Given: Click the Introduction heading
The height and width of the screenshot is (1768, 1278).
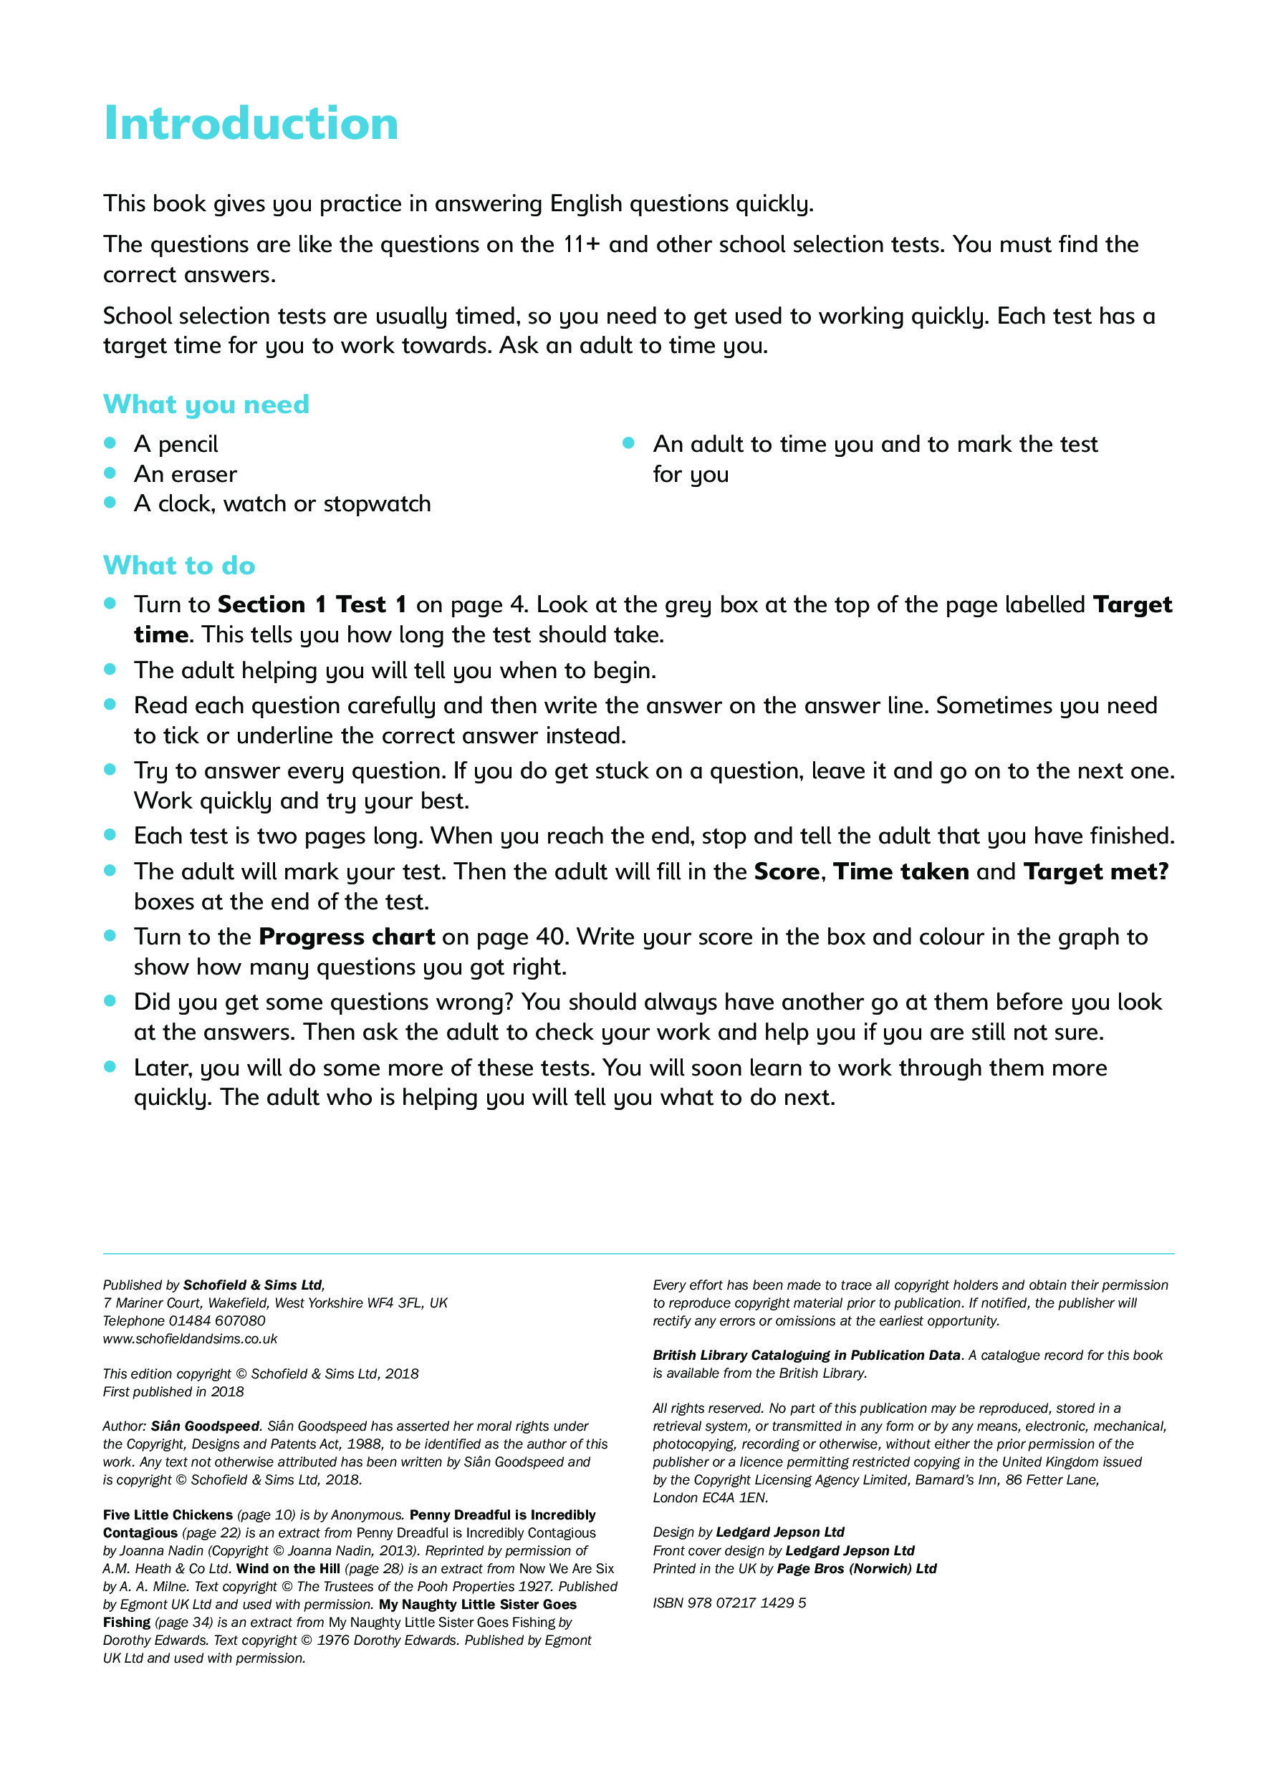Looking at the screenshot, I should [250, 123].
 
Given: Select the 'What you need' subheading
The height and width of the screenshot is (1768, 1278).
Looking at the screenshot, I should [206, 404].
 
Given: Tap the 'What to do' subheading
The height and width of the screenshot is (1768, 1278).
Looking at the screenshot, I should [178, 565].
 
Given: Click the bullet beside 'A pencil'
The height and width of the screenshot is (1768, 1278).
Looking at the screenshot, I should [110, 443].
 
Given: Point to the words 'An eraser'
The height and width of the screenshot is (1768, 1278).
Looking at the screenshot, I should [185, 474].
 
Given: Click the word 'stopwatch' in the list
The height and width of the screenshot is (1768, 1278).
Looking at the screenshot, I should [377, 503].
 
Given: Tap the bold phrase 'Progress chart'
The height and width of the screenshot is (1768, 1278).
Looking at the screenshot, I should [346, 936].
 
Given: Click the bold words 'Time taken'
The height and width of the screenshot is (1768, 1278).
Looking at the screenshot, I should [900, 871].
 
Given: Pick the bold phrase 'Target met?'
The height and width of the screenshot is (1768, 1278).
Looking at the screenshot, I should [1095, 871].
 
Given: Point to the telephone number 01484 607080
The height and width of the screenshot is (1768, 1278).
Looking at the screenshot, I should [217, 1320].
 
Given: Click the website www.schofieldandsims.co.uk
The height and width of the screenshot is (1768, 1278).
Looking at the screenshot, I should [189, 1338].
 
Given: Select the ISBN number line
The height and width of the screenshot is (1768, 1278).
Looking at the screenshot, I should [729, 1603].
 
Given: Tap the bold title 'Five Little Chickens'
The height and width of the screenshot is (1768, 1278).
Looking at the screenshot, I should [168, 1515].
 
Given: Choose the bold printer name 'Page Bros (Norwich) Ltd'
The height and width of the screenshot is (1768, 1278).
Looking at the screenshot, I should [856, 1568].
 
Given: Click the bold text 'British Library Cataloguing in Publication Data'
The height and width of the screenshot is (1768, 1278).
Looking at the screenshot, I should [806, 1355].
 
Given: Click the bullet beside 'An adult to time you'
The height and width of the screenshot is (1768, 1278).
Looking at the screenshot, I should [628, 443].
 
